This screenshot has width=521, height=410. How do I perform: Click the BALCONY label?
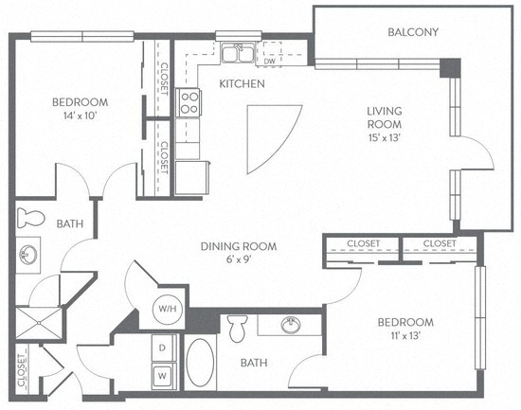413,32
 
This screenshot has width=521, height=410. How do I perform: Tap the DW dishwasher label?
269,62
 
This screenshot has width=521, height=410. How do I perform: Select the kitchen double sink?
238,53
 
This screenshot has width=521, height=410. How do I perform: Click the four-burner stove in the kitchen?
189,102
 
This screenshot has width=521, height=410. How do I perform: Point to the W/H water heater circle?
167,309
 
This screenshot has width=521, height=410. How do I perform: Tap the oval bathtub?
200,362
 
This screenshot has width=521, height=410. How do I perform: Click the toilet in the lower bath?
237,328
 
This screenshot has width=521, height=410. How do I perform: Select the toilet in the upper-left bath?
30,218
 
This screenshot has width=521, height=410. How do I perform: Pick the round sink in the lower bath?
291,324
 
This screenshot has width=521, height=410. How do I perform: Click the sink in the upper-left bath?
28,255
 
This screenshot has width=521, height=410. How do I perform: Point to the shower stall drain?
39,322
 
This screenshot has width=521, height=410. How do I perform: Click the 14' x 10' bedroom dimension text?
80,116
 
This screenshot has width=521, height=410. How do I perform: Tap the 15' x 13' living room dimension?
385,137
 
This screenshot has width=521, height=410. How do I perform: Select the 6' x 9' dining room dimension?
239,259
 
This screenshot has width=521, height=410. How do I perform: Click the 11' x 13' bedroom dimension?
405,335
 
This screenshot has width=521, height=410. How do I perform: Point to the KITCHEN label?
242,83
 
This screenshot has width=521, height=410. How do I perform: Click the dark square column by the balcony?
450,68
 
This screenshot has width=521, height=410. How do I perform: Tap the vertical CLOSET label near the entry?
22,370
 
